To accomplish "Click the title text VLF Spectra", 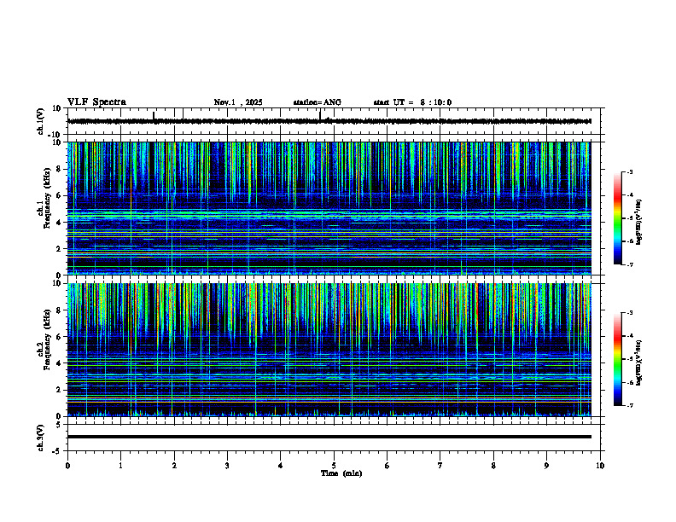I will pos(96,102).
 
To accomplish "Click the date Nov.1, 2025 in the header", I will pos(238,102).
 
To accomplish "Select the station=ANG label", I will pos(317,102).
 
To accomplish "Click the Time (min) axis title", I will pos(341,473).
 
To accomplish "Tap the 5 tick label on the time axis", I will pos(334,465).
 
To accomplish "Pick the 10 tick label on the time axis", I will pos(600,465).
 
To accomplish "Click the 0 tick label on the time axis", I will pos(67,465).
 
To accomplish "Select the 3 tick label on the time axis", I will pos(227,465).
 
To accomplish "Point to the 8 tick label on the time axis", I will pos(493,465).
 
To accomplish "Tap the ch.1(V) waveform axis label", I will pos(41,121).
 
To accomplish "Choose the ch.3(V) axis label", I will pos(41,437).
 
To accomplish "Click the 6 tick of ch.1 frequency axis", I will pos(60,195).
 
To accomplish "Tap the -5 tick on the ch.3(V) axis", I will pos(58,449).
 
